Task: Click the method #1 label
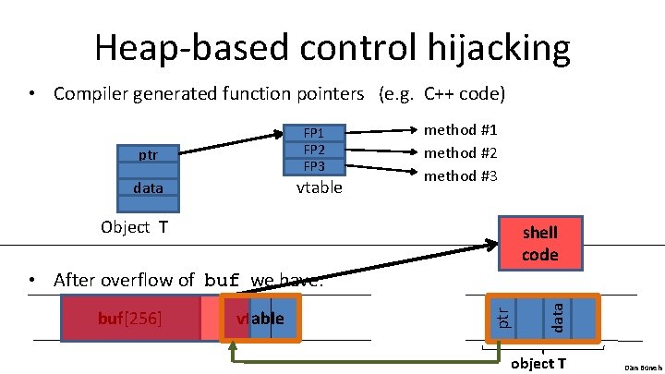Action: point(460,130)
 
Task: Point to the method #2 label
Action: point(460,152)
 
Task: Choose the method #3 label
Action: point(460,175)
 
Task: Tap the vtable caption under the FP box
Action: point(319,187)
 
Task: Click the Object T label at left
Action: point(134,227)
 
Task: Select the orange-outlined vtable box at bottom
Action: point(260,319)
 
